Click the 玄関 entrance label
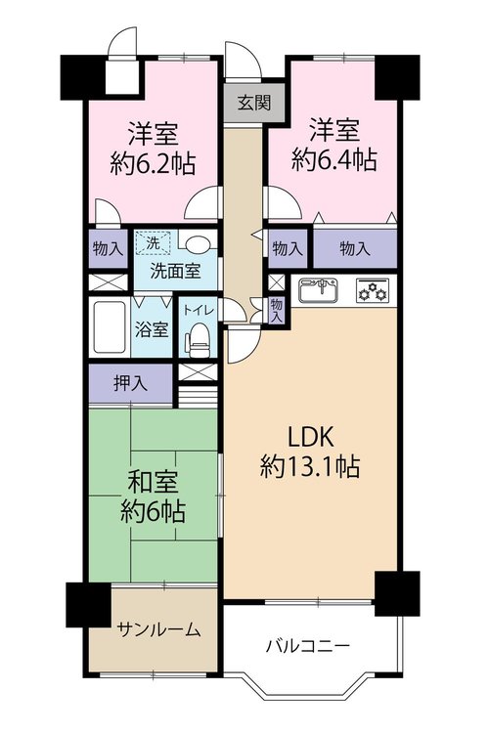tap(254, 103)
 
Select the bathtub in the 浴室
tap(110, 327)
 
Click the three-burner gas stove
tap(373, 290)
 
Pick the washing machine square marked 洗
tap(153, 243)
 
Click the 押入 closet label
tap(130, 383)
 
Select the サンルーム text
tap(159, 630)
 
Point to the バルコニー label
tap(308, 647)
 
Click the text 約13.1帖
tap(310, 466)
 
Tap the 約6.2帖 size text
tap(153, 164)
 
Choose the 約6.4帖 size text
tap(334, 160)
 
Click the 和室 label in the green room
tap(153, 483)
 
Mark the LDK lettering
tap(310, 438)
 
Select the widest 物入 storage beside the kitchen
tap(355, 248)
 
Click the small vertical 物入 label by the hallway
tap(277, 310)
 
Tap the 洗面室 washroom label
tap(175, 271)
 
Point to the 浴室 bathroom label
tap(152, 329)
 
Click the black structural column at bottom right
tap(397, 593)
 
